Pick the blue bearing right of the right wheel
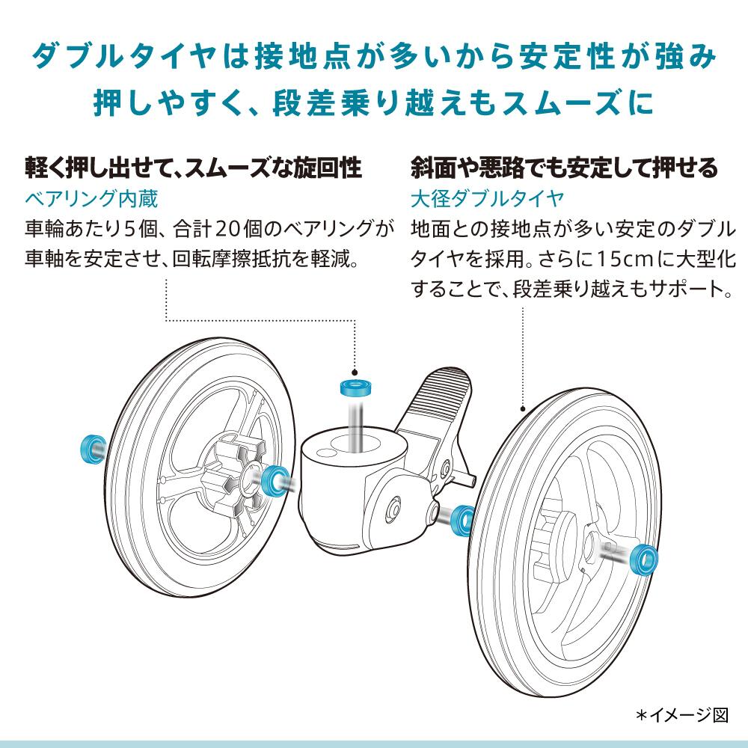click(643, 557)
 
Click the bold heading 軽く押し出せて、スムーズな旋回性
click(194, 167)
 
